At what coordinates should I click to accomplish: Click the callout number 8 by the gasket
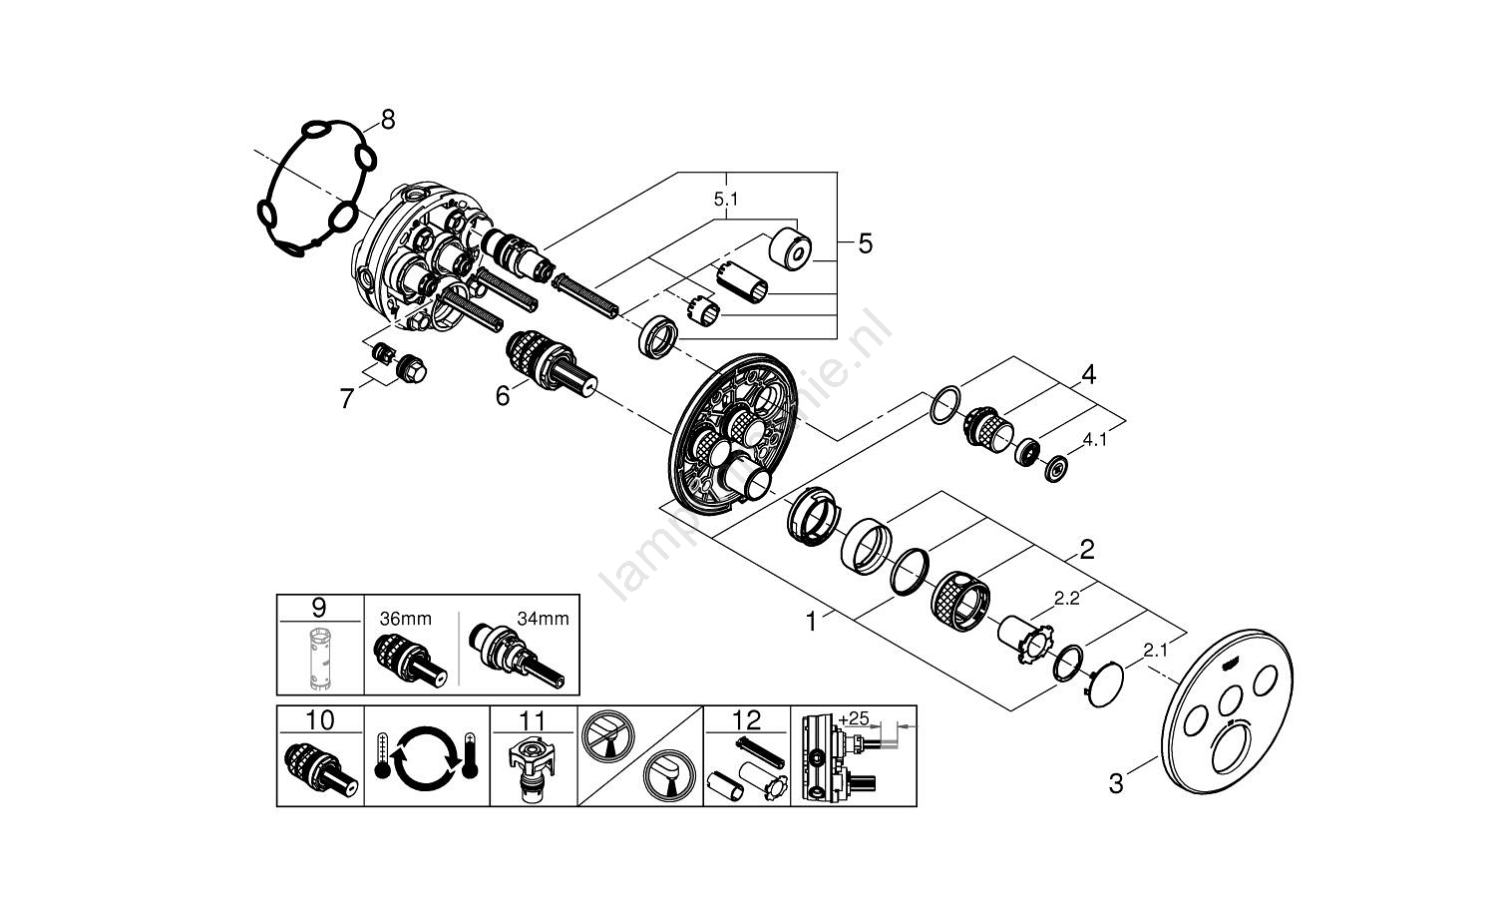point(387,121)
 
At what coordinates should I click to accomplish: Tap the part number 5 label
point(865,243)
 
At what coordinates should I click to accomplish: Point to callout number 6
point(503,397)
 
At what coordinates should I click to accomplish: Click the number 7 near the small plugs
point(346,400)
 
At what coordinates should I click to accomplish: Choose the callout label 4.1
point(1095,439)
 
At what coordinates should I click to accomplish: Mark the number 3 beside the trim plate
point(1116,784)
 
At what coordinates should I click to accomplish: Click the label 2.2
point(1067,599)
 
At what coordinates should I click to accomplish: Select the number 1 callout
point(812,623)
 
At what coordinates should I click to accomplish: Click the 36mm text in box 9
point(391,619)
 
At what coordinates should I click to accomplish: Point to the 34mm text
point(543,619)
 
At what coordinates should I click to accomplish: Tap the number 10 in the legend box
point(320,720)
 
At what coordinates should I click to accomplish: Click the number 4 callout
point(1088,375)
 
